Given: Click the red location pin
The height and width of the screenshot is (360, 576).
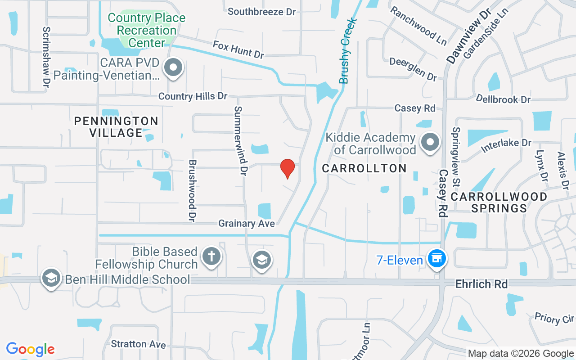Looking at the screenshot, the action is click(288, 169).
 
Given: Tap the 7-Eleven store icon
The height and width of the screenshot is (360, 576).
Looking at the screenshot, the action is click(436, 259).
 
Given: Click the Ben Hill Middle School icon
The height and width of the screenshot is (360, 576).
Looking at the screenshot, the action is click(51, 278).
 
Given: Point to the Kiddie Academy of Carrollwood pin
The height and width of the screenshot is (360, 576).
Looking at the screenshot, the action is click(430, 142).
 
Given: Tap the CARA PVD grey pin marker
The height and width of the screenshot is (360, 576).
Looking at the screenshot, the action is click(173, 68).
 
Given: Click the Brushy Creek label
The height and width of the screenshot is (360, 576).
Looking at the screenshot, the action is click(348, 51).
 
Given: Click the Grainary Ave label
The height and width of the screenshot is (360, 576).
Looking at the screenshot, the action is click(246, 223).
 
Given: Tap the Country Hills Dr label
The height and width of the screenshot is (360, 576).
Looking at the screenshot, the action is click(193, 96).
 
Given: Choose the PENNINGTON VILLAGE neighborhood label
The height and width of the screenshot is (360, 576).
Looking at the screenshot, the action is click(116, 127).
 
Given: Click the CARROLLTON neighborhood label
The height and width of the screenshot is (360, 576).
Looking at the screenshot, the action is click(364, 168).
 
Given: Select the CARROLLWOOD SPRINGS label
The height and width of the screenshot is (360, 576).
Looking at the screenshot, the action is click(499, 202).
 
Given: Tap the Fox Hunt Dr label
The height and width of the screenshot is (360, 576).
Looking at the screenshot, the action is click(238, 49).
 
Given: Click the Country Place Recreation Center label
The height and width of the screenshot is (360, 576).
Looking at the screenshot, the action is click(147, 31).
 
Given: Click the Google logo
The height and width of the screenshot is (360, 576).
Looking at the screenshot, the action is click(31, 349).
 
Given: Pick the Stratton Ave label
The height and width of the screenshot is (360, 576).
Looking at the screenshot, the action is click(138, 344).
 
